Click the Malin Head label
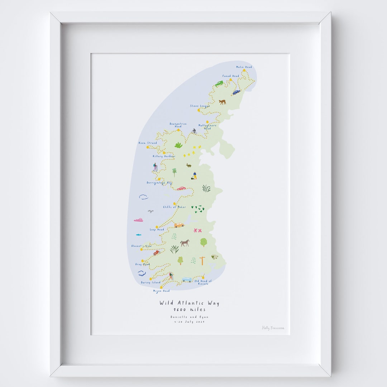tap(244, 67)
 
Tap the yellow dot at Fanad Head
tap(231, 80)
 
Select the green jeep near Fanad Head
tap(219, 83)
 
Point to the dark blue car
tap(236, 92)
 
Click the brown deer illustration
tap(223, 102)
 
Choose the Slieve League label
tap(200, 106)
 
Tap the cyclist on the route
tap(194, 132)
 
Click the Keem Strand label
tap(148, 143)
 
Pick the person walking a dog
tap(194, 176)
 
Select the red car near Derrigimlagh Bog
tap(181, 188)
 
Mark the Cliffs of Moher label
tap(175, 207)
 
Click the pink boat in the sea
tap(138, 220)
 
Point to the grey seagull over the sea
tap(151, 211)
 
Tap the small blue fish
tap(138, 235)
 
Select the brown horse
tap(185, 243)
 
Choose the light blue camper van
tap(187, 279)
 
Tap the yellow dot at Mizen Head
tap(161, 287)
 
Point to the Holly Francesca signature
tap(273, 328)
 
